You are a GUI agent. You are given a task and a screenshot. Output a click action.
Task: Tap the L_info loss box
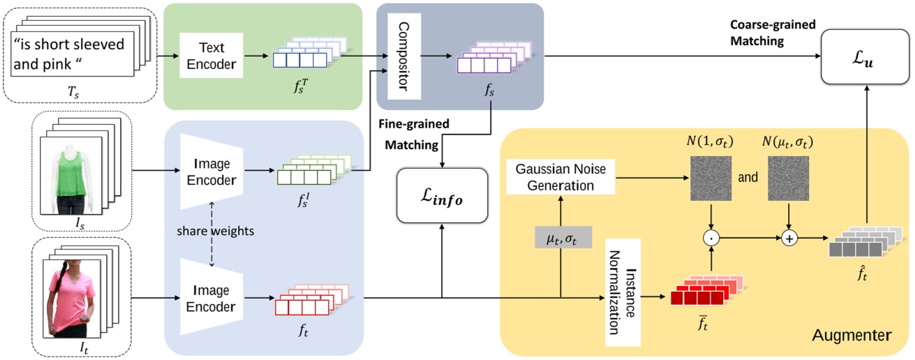pyautogui.click(x=440, y=200)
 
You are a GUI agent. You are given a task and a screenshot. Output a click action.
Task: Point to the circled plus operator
pyautogui.click(x=790, y=238)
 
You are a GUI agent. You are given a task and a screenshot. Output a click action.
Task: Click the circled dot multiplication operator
pyautogui.click(x=713, y=238)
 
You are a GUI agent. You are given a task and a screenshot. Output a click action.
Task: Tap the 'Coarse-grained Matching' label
pyautogui.click(x=767, y=33)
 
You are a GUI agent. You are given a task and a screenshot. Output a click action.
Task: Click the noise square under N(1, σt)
pyautogui.click(x=712, y=177)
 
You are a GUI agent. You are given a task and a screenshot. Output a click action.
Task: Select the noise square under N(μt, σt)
pyautogui.click(x=790, y=177)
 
